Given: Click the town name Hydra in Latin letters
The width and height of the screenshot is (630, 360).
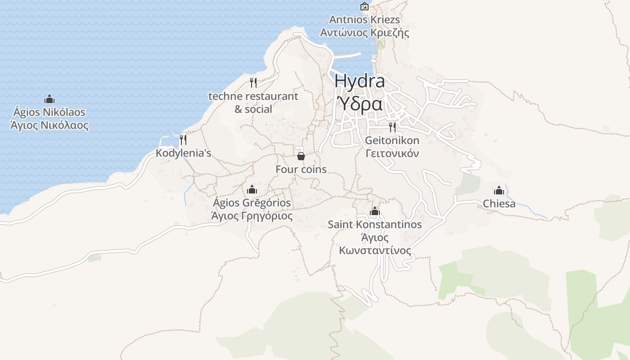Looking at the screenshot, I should click(360, 81).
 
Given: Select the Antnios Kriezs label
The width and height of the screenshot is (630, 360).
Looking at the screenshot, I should click(364, 20).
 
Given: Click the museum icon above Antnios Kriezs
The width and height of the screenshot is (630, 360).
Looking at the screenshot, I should click(364, 6).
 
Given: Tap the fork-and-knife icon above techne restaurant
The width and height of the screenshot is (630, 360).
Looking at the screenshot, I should click(253, 82).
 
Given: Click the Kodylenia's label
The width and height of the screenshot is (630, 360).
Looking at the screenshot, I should click(183, 153).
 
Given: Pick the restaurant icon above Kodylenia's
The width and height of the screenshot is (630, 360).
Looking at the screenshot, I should click(183, 139).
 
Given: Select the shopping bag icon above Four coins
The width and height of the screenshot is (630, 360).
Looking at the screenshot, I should click(301, 156).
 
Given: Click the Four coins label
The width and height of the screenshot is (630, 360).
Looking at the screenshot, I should click(301, 170).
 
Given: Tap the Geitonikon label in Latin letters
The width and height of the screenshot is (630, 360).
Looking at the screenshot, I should click(392, 140).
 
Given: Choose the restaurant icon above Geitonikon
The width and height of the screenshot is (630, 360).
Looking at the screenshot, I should click(392, 127).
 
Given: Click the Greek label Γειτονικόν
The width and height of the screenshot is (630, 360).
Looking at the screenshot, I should click(392, 153).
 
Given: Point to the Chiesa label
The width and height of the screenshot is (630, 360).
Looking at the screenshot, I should click(499, 204).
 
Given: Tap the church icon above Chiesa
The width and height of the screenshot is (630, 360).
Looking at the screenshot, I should click(499, 190).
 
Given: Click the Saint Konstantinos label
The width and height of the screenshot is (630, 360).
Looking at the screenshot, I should click(375, 224).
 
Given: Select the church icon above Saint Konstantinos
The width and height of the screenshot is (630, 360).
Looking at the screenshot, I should click(375, 211).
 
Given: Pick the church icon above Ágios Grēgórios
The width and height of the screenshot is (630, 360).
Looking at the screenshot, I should click(252, 189).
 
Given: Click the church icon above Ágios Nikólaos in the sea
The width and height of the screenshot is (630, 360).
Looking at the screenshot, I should click(49, 99).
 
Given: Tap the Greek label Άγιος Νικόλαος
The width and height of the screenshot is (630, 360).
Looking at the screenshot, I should click(49, 126).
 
